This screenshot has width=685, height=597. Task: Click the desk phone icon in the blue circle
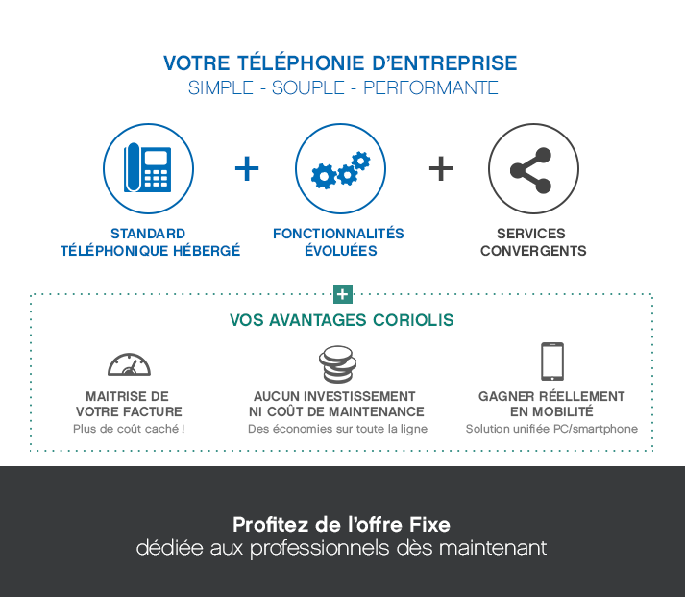pyautogui.click(x=148, y=168)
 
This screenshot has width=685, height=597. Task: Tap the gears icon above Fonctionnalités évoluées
pyautogui.click(x=340, y=169)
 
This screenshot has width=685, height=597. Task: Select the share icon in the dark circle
pyautogui.click(x=532, y=169)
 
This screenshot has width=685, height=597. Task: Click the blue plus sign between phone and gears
pyautogui.click(x=247, y=169)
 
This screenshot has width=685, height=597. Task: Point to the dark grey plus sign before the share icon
pyautogui.click(x=440, y=169)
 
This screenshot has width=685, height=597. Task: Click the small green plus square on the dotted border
pyautogui.click(x=342, y=294)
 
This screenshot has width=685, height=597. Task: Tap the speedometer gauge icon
pyautogui.click(x=128, y=364)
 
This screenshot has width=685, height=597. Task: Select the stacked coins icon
pyautogui.click(x=338, y=363)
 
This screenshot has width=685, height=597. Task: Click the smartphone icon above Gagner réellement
pyautogui.click(x=551, y=361)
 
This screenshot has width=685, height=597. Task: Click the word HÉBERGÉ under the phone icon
pyautogui.click(x=208, y=251)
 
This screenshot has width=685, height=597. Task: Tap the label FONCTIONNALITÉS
pyautogui.click(x=338, y=234)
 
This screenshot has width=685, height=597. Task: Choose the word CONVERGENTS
pyautogui.click(x=533, y=251)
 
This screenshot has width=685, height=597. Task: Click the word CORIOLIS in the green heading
pyautogui.click(x=414, y=319)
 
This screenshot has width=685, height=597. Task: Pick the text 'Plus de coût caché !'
pyautogui.click(x=129, y=429)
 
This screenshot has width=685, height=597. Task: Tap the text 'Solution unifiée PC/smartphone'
pyautogui.click(x=551, y=429)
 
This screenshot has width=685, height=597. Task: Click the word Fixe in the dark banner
pyautogui.click(x=429, y=525)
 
